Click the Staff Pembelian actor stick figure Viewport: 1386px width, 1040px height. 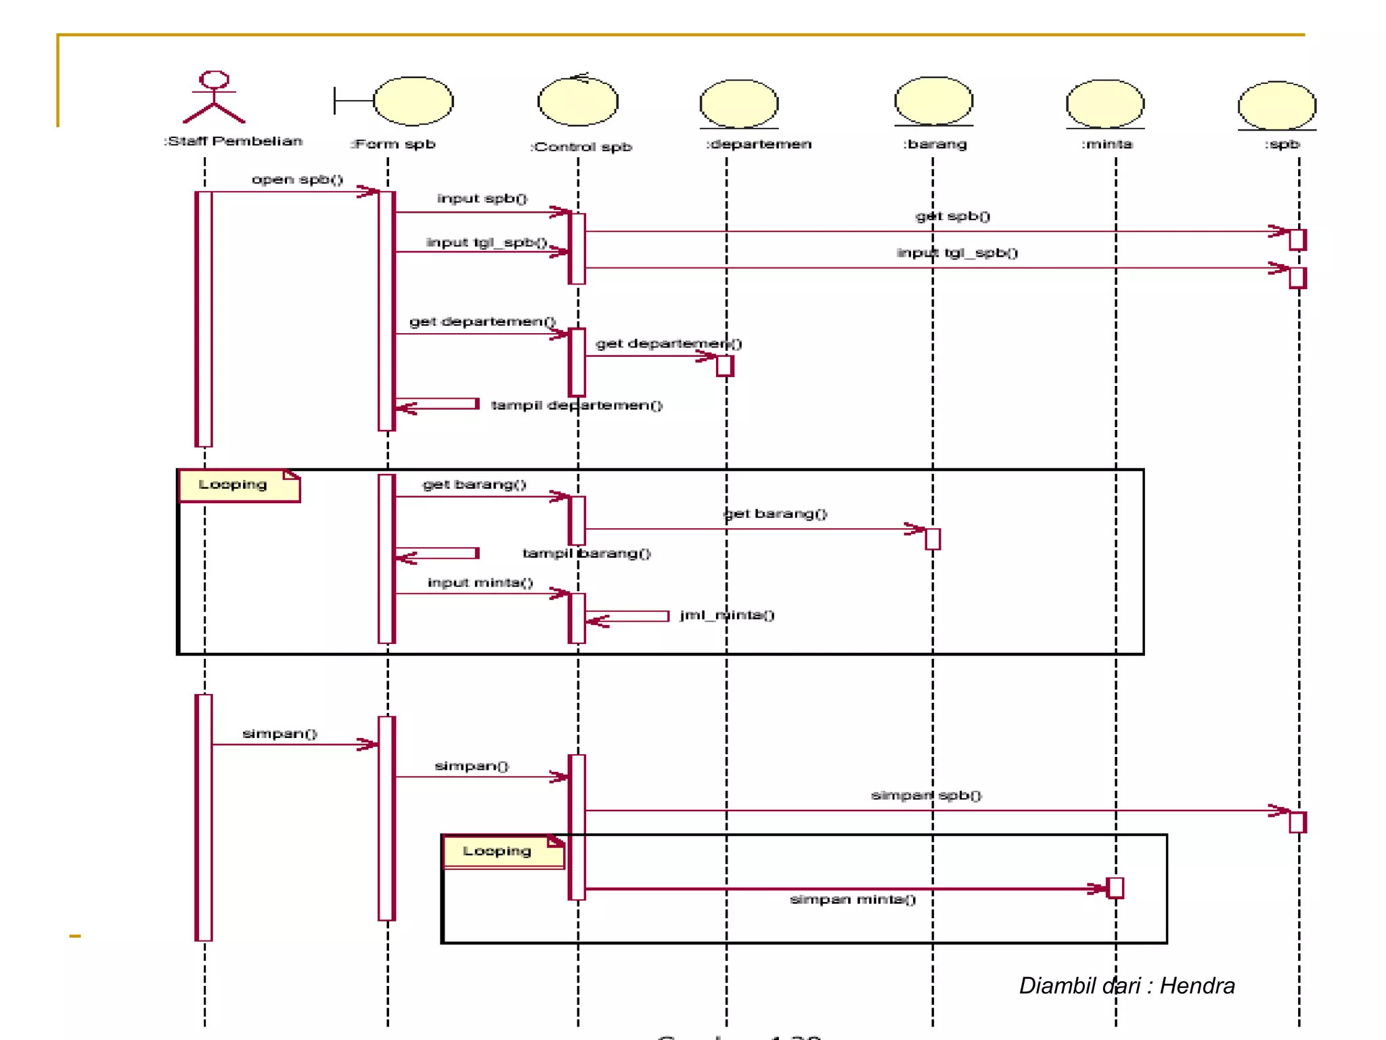(x=214, y=97)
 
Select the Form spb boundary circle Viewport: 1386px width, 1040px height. (x=413, y=101)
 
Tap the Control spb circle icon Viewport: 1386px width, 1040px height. (x=578, y=102)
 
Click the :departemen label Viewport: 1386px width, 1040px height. (x=759, y=144)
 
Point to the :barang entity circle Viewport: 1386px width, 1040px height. (x=933, y=101)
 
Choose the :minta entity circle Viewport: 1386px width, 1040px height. (x=1105, y=104)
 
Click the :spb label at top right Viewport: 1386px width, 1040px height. (x=1282, y=144)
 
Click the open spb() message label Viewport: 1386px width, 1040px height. (x=297, y=179)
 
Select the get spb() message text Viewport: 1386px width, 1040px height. (x=952, y=216)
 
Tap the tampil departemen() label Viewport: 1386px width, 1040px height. (x=576, y=405)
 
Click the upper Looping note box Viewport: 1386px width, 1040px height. (x=239, y=485)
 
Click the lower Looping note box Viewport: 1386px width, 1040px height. (x=503, y=851)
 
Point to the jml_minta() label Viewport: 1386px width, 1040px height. (x=727, y=615)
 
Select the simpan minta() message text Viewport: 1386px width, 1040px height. (x=853, y=899)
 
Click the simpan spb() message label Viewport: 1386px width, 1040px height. (x=926, y=795)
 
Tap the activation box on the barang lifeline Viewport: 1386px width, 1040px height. (x=933, y=539)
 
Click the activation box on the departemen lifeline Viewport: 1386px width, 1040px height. (x=725, y=366)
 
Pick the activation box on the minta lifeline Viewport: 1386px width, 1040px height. (x=1115, y=888)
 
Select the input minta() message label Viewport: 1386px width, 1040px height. (x=480, y=582)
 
